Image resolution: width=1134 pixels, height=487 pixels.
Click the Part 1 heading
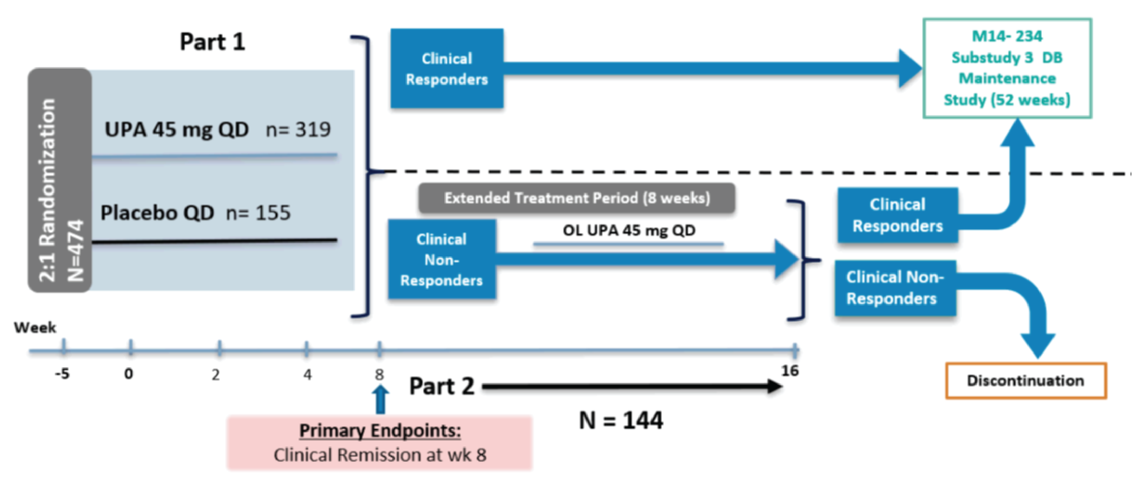pos(212,42)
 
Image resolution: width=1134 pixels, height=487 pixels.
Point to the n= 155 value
pos(258,213)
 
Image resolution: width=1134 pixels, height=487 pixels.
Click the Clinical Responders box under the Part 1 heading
pos(447,69)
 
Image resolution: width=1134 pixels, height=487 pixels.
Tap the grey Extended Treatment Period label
pos(577,198)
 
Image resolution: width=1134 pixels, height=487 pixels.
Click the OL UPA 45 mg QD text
pos(629,230)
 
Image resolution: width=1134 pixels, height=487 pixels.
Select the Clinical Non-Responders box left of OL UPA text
pos(442,260)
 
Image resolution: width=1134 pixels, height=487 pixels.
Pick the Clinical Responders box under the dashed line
pos(898,215)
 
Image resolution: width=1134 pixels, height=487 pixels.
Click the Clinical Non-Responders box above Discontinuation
pos(895,288)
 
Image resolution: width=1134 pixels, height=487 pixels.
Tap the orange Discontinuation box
pos(1025,381)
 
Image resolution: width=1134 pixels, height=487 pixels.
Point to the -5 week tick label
pos(62,374)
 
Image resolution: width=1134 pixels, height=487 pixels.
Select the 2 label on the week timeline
pos(215,375)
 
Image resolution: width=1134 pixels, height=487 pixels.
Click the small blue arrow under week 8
pos(380,399)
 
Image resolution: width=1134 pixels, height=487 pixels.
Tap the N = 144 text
pos(621,421)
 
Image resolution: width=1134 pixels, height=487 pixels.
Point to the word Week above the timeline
pos(35,328)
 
